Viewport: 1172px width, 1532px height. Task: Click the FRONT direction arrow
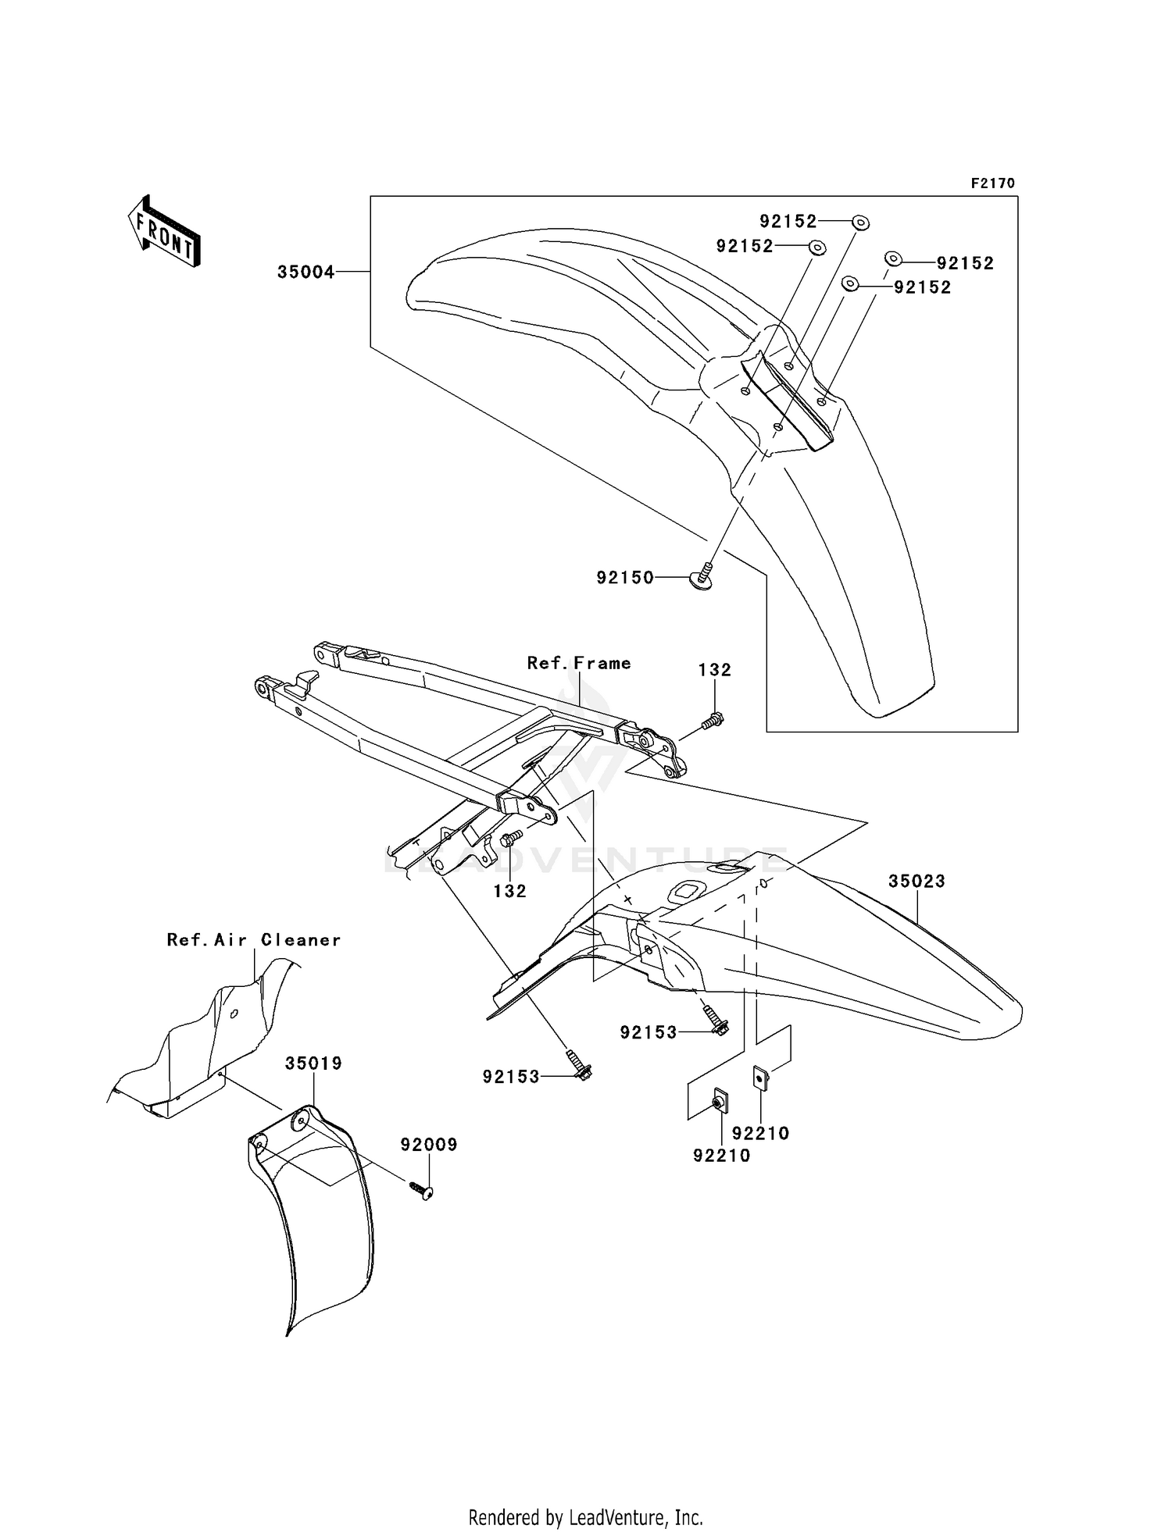click(165, 232)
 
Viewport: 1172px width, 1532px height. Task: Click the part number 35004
click(306, 273)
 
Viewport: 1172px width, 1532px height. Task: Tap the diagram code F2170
click(992, 183)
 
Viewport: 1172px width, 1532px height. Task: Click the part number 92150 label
click(625, 578)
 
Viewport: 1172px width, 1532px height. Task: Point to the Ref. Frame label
click(579, 663)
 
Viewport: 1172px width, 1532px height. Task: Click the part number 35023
click(917, 881)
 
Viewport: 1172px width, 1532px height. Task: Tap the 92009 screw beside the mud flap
click(421, 1190)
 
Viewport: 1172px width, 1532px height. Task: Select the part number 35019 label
click(313, 1063)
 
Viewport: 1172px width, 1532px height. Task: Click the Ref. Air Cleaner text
click(254, 940)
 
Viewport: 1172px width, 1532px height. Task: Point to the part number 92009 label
click(429, 1145)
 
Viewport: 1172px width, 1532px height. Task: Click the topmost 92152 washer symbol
click(860, 223)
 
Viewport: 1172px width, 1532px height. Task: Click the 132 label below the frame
click(509, 891)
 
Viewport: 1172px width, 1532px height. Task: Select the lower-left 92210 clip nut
click(718, 1103)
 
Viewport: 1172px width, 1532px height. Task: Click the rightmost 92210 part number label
click(760, 1133)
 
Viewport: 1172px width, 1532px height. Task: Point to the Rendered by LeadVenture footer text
click(585, 1495)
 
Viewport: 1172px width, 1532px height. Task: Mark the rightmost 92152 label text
click(965, 264)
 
